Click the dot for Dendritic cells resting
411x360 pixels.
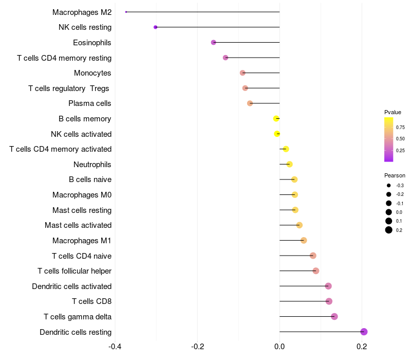364,332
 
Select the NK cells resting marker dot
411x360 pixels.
156,27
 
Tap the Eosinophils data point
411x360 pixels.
214,42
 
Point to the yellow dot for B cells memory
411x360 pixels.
276,119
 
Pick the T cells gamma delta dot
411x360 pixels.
334,316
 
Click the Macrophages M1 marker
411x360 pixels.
304,240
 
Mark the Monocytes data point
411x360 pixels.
242,73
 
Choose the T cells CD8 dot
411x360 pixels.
329,301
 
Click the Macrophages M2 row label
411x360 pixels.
82,12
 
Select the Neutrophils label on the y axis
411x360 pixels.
92,165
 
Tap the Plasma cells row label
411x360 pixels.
90,103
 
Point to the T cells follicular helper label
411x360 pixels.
74,271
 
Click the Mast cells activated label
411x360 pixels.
78,225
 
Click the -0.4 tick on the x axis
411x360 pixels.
115,346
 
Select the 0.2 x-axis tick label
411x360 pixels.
362,346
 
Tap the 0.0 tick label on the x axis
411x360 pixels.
279,346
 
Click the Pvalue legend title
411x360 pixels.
393,112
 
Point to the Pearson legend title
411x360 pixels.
395,175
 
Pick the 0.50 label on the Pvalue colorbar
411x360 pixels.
400,139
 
